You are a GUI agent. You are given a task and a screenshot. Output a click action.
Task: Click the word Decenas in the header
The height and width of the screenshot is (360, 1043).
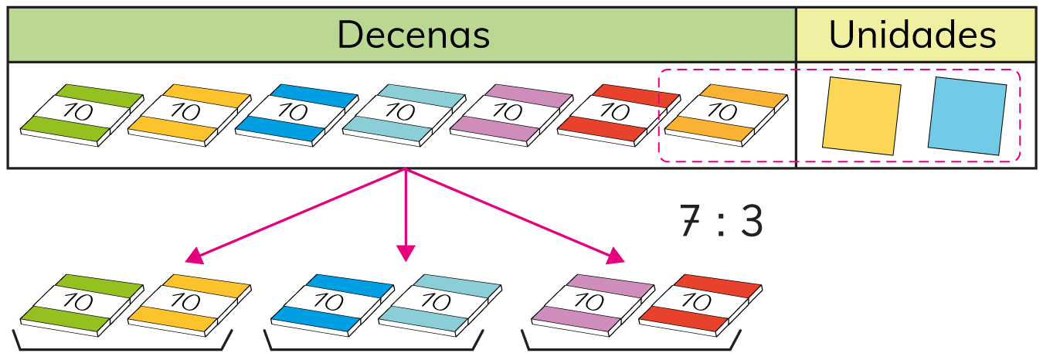413,35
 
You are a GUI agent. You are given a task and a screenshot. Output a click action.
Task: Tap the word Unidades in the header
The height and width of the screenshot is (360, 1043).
912,35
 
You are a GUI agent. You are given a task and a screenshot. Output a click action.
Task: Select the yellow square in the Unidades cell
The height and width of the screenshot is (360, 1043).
861,114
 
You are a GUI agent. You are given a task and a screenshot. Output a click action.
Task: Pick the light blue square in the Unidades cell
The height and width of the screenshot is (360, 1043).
967,114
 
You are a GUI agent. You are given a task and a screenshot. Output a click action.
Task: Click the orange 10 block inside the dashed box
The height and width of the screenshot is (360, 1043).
725,114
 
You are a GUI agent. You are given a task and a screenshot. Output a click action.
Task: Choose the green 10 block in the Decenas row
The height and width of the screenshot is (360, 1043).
81,114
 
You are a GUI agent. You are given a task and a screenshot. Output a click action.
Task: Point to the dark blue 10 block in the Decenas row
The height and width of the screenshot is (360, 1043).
295,114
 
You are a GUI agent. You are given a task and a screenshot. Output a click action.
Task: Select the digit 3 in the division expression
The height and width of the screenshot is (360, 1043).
750,222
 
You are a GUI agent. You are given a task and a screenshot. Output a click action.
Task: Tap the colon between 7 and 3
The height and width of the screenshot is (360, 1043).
720,222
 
